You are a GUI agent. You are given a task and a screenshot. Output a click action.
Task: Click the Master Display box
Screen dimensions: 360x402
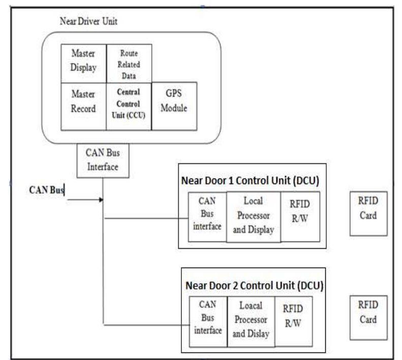pyautogui.click(x=83, y=62)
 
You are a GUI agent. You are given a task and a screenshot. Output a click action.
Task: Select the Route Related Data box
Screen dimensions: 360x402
pyautogui.click(x=129, y=62)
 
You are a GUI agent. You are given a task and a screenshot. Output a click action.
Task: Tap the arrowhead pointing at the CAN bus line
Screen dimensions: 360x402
pyautogui.click(x=101, y=199)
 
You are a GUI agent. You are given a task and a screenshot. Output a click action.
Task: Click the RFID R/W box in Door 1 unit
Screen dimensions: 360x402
pyautogui.click(x=300, y=216)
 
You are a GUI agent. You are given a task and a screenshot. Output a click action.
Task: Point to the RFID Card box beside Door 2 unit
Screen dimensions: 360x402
pyautogui.click(x=368, y=314)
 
